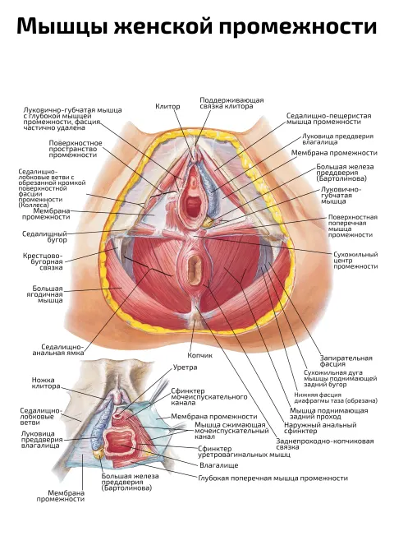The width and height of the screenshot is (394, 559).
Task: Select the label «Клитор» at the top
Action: (167, 106)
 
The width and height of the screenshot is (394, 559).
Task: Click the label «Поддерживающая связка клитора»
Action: (231, 104)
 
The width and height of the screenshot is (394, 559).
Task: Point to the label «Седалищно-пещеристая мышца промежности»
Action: (329, 118)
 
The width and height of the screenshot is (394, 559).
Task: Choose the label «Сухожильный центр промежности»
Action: (355, 261)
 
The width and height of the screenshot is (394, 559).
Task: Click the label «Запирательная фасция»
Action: (346, 361)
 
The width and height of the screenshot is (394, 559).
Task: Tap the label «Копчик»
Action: (200, 355)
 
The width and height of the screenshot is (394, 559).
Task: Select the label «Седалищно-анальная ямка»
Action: (58, 349)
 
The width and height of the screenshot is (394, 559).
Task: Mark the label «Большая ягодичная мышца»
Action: (48, 294)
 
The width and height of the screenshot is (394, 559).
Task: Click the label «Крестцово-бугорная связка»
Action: (43, 261)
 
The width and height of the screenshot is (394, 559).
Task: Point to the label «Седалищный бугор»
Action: (44, 237)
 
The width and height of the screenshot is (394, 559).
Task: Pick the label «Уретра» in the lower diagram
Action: (185, 367)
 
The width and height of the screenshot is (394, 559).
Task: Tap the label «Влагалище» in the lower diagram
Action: (219, 465)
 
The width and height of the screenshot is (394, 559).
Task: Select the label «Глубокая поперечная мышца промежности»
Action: (273, 478)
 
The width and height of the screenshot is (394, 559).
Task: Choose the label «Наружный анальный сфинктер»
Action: (320, 427)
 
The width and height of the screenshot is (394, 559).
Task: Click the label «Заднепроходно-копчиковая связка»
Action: (325, 444)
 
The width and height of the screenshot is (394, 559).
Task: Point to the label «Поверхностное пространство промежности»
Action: (76, 149)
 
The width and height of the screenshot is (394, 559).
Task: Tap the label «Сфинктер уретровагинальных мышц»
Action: (244, 451)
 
